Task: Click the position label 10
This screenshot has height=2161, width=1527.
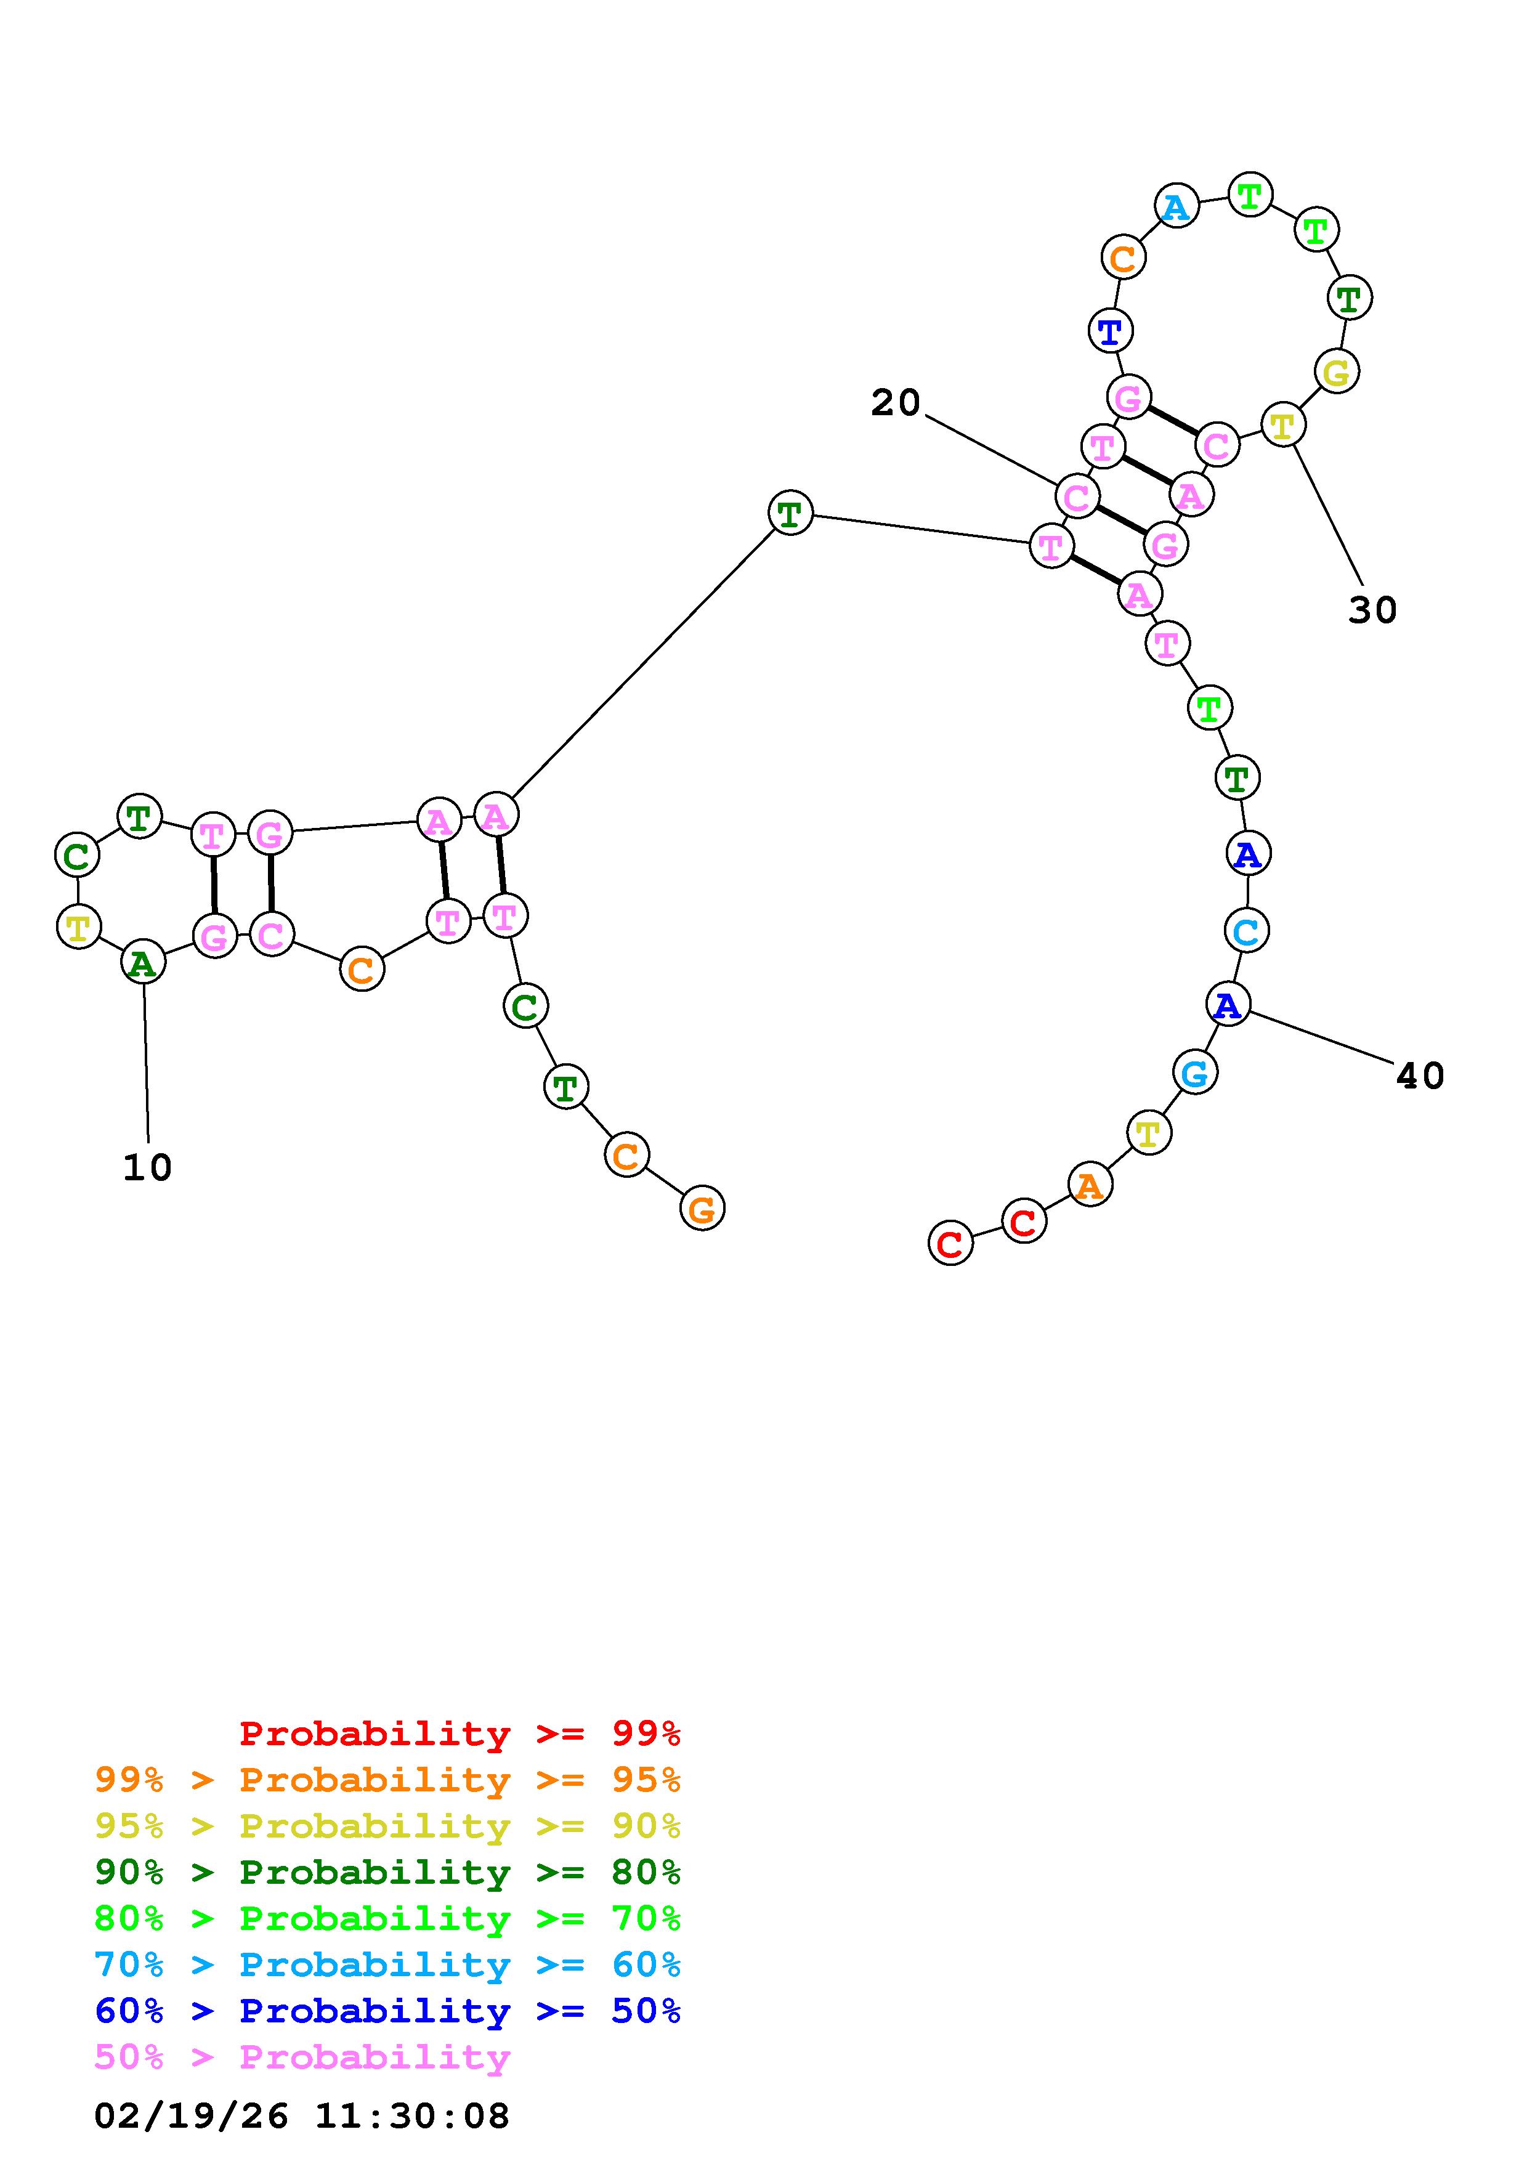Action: pyautogui.click(x=148, y=1168)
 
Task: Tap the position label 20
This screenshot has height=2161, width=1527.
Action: pyautogui.click(x=895, y=403)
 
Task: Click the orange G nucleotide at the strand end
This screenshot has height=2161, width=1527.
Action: pyautogui.click(x=702, y=1209)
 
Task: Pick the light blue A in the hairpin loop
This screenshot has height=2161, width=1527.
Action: pyautogui.click(x=1176, y=206)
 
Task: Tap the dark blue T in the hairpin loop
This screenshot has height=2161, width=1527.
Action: pyautogui.click(x=1110, y=331)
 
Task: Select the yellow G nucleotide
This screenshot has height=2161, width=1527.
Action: pyautogui.click(x=1336, y=373)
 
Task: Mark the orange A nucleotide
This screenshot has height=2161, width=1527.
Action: pyautogui.click(x=1090, y=1185)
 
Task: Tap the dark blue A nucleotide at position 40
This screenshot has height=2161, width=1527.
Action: pyautogui.click(x=1228, y=1005)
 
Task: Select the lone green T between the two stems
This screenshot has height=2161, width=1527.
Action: pyautogui.click(x=790, y=514)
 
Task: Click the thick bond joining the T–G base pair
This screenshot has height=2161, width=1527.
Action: pyautogui.click(x=214, y=885)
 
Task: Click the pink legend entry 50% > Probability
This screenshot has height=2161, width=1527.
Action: pyautogui.click(x=302, y=2058)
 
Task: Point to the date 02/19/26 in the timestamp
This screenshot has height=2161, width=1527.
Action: pyautogui.click(x=191, y=2117)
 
